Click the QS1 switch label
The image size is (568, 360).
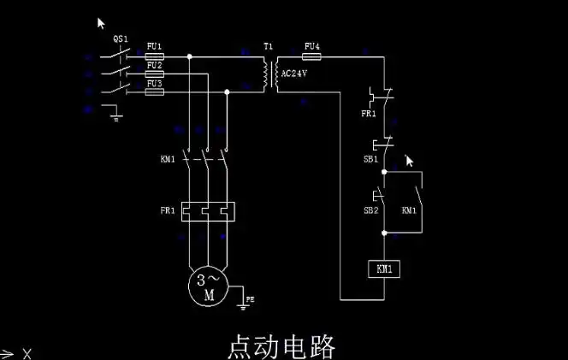pyautogui.click(x=121, y=39)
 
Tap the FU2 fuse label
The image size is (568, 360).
pyautogui.click(x=154, y=65)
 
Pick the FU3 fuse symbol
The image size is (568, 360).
pyautogui.click(x=155, y=91)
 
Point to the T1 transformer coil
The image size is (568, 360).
pyautogui.click(x=270, y=74)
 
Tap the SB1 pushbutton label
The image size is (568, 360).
pyautogui.click(x=370, y=160)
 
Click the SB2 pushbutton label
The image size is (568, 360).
pyautogui.click(x=370, y=210)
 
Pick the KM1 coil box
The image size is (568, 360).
pyautogui.click(x=383, y=269)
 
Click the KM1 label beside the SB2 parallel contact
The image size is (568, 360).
pyautogui.click(x=410, y=210)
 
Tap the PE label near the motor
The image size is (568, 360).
pyautogui.click(x=250, y=299)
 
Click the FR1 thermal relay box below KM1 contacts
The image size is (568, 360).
pyautogui.click(x=207, y=210)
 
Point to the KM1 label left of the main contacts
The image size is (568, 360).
pyautogui.click(x=167, y=159)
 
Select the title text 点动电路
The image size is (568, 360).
pyautogui.click(x=281, y=346)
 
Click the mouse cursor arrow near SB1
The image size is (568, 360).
pyautogui.click(x=409, y=160)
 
